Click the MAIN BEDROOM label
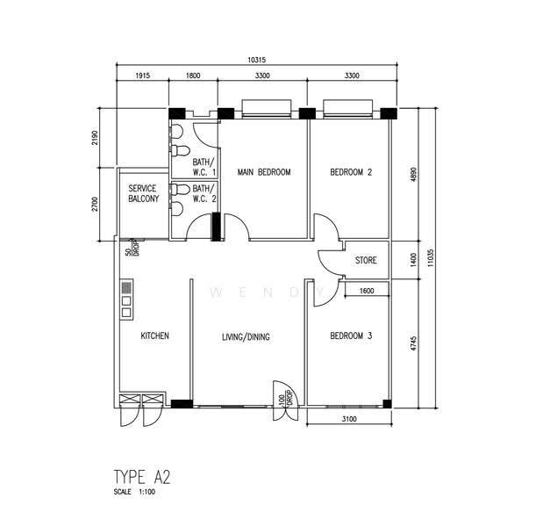264,172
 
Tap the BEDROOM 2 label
351,172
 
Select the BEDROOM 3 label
351,336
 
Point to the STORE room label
366,260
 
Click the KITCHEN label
154,336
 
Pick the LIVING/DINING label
246,337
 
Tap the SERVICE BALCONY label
144,193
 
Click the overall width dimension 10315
257,60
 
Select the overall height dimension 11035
431,258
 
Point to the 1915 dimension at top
142,76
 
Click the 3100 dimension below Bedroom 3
349,419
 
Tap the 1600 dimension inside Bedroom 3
367,291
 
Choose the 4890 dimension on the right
413,174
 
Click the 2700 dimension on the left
95,204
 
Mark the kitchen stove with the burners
126,300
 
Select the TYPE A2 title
142,477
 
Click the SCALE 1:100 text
134,492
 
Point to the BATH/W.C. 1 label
204,167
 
